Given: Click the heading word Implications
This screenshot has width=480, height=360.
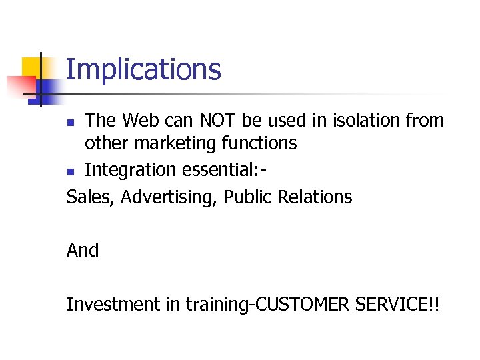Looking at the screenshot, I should coord(143,70).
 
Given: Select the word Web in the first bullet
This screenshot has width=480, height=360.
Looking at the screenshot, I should coord(141,121).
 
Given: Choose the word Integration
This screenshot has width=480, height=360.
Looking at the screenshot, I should coord(130,170).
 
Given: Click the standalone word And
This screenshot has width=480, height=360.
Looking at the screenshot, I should coord(83,251).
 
